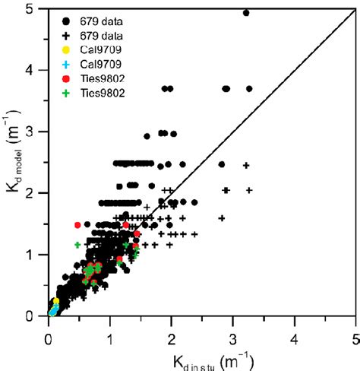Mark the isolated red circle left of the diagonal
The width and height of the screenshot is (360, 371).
click(x=77, y=224)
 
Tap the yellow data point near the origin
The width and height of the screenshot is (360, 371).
click(x=56, y=301)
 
